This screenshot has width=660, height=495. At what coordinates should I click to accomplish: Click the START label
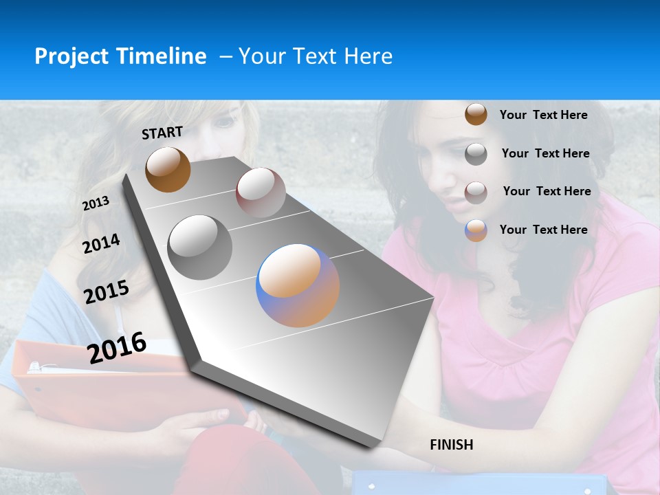tap(162, 132)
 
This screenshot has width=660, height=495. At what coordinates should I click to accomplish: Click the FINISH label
tap(452, 445)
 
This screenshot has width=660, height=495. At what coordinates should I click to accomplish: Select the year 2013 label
tap(96, 203)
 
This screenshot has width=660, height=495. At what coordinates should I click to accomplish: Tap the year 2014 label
tap(101, 243)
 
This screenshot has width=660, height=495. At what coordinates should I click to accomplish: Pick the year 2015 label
tap(107, 292)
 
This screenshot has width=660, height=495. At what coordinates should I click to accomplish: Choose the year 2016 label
tap(117, 348)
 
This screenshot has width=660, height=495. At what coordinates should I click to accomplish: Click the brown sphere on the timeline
tap(168, 169)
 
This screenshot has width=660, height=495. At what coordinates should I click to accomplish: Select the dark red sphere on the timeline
tap(261, 192)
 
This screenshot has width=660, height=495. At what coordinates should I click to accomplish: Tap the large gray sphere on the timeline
tap(200, 247)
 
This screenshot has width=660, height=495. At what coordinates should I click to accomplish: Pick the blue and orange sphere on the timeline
tap(298, 285)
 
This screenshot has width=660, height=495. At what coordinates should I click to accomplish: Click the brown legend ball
tap(476, 115)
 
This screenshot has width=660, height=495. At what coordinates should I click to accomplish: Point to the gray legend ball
tap(476, 153)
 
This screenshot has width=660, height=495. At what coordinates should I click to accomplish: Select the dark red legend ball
tap(476, 192)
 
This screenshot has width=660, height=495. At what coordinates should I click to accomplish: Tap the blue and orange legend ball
tap(476, 230)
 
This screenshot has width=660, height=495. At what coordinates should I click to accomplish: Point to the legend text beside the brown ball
tap(543, 115)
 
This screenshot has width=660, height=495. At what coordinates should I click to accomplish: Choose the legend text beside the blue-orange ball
tap(543, 230)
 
